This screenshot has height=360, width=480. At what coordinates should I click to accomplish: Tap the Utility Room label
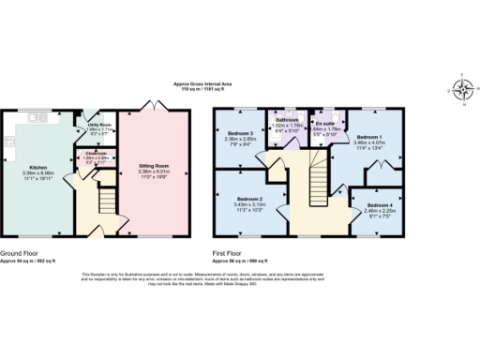pos(100,123)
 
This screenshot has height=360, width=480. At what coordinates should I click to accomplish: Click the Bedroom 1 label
pos(368,136)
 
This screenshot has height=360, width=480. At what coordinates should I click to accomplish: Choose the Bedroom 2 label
pos(248,200)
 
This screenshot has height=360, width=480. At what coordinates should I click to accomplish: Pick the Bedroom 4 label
pos(380,204)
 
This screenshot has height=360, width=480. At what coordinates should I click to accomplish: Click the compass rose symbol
pos(461,90)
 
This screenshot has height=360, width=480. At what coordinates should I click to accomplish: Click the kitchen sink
pos(37,118)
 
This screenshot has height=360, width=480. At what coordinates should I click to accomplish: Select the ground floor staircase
pos(106,200)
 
